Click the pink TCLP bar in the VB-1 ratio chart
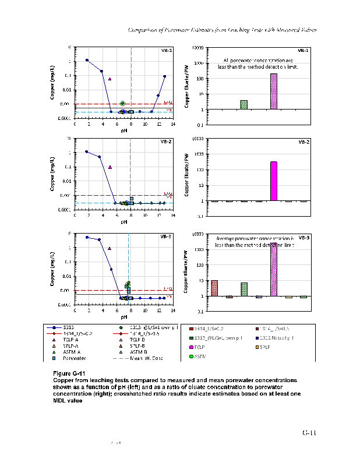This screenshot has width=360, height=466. click(274, 91)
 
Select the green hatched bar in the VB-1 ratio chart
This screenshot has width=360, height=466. click(243, 105)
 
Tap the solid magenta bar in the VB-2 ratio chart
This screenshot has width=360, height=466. click(274, 181)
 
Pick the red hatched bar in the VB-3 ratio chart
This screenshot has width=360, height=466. click(214, 288)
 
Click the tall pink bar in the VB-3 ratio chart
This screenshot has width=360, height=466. click(274, 270)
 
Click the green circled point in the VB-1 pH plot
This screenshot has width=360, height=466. click(122, 103)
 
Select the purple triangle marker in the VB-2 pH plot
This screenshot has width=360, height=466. click(110, 167)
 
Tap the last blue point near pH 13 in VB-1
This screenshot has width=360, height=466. click(164, 76)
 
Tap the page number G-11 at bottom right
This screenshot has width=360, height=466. click(309, 433)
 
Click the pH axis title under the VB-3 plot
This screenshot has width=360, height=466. click(124, 317)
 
